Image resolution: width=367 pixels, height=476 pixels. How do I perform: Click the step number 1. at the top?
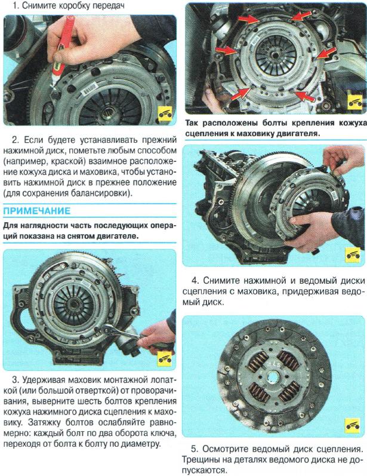(x=16, y=6)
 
